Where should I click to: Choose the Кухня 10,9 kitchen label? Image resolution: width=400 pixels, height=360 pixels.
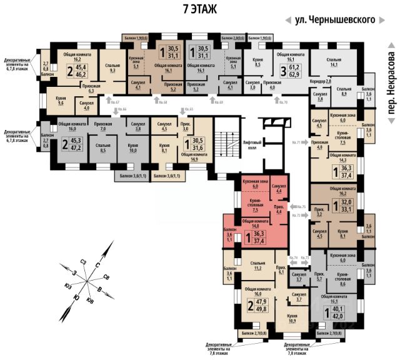coord(292,319)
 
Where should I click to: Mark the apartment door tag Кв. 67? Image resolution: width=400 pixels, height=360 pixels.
coord(114,101)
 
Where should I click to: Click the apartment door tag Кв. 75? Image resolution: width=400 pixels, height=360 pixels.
coord(301,206)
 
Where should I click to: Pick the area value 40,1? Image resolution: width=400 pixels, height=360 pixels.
coord(337,308)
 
